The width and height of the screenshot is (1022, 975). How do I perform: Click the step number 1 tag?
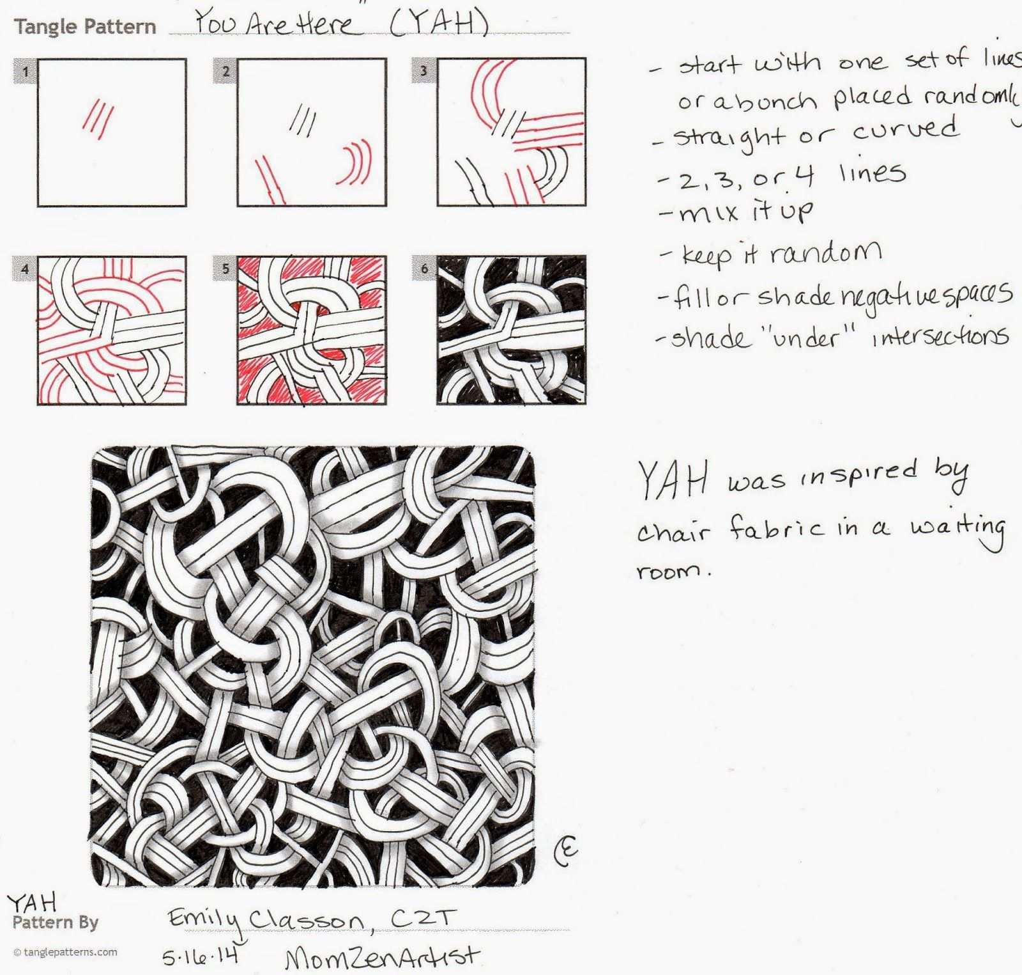pyautogui.click(x=26, y=71)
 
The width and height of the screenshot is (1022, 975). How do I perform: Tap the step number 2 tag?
pyautogui.click(x=225, y=71)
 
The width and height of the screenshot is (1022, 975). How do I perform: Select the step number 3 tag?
pyautogui.click(x=424, y=71)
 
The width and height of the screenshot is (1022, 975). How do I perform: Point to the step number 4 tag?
pyautogui.click(x=26, y=269)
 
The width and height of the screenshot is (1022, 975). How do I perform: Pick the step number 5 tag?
pyautogui.click(x=225, y=269)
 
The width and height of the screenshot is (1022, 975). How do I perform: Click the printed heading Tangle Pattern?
pyautogui.click(x=85, y=27)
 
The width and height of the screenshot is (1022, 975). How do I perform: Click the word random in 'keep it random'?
pyautogui.click(x=826, y=253)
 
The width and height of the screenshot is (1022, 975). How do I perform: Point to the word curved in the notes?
pyautogui.click(x=906, y=131)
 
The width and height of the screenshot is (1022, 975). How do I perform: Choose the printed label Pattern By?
pyautogui.click(x=56, y=922)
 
